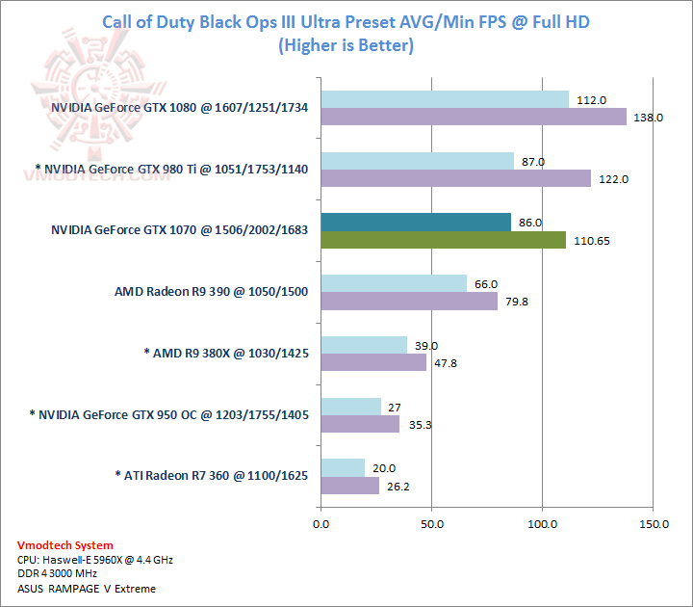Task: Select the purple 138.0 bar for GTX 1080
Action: [474, 117]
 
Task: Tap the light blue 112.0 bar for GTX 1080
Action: [445, 99]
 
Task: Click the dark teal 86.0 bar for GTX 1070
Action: [416, 223]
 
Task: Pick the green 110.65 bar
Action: [443, 240]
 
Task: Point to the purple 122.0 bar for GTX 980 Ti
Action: [455, 178]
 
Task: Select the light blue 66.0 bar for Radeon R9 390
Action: [394, 283]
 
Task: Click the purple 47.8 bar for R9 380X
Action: [373, 362]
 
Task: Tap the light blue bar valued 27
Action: [350, 407]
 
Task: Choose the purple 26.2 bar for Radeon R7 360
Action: [350, 486]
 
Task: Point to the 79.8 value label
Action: [515, 302]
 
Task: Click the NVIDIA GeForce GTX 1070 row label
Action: [179, 231]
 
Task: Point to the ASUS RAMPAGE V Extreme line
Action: [87, 589]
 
